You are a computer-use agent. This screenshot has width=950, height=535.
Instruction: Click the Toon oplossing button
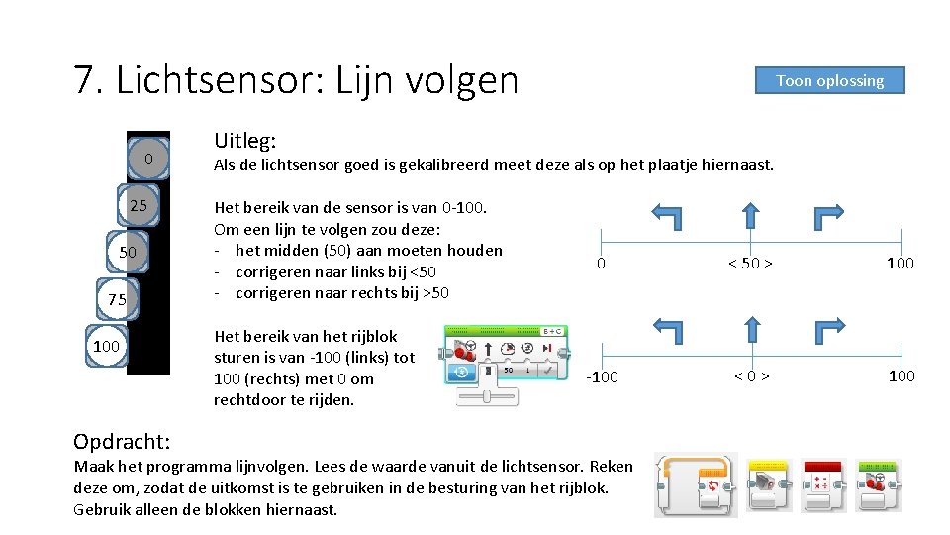point(829,80)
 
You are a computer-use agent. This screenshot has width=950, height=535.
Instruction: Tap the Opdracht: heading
point(122,440)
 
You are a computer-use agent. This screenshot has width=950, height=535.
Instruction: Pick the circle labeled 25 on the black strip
point(139,206)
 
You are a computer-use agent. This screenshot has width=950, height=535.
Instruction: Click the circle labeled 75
point(117,299)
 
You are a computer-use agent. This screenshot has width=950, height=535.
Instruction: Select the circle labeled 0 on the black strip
point(148,160)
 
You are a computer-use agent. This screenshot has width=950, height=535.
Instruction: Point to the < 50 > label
point(750,264)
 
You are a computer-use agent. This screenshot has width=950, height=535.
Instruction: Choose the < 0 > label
point(751,375)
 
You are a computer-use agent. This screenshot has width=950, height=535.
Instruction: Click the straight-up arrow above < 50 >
point(751,215)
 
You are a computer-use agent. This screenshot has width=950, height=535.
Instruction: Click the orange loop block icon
point(697,484)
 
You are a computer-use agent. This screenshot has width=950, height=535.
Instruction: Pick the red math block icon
point(823,484)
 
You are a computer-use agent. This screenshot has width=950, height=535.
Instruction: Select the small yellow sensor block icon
point(768,484)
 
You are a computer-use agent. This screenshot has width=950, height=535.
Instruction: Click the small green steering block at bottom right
point(878,484)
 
